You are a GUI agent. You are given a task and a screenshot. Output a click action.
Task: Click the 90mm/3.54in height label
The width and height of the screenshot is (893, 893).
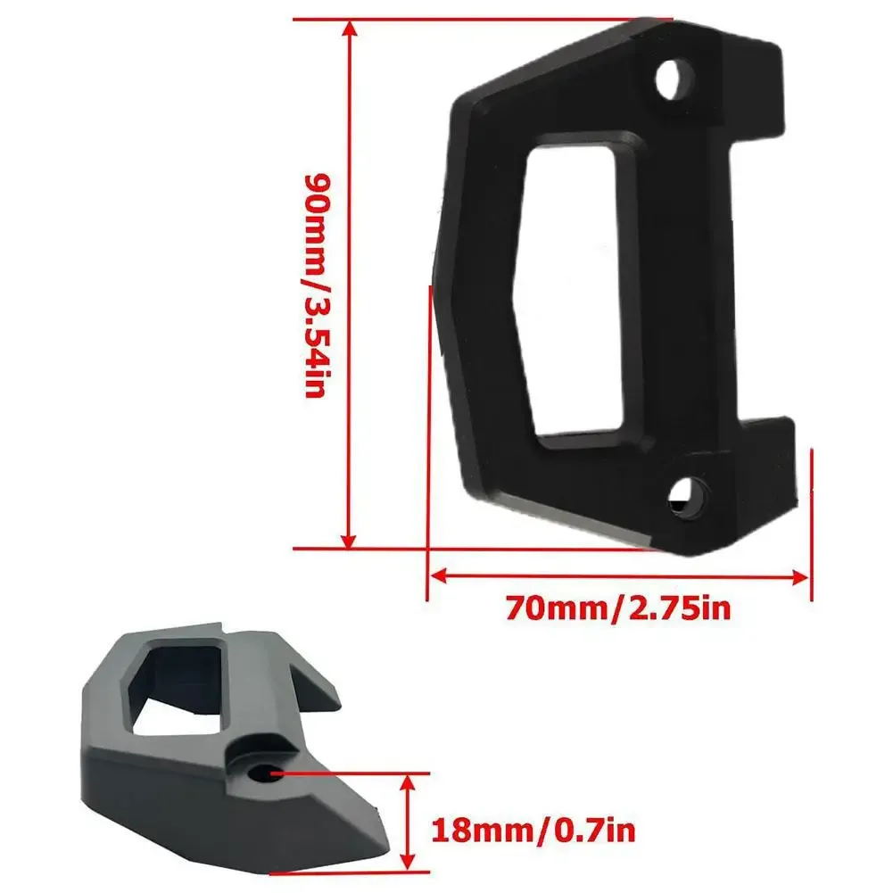tap(318, 285)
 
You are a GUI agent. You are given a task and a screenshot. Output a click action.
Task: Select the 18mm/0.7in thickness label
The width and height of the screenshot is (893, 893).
tap(533, 831)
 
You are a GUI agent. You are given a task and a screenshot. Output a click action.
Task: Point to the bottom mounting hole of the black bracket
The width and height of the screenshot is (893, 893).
tap(690, 496)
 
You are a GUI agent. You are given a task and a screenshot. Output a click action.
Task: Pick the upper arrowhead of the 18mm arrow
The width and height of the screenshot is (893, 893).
tap(409, 783)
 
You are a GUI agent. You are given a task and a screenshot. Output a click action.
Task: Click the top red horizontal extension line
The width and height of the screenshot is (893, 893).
tap(482, 18)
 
